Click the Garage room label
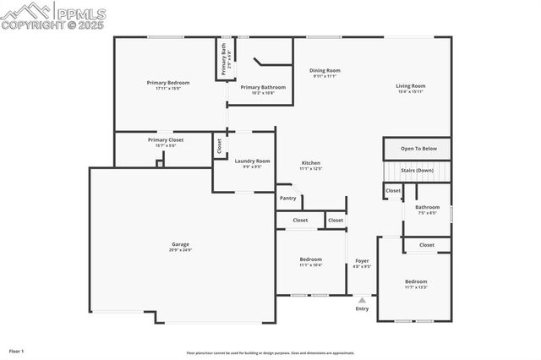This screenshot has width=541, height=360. pyautogui.click(x=180, y=243)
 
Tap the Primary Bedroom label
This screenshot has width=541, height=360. pyautogui.click(x=167, y=82)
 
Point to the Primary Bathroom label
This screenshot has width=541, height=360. pyautogui.click(x=262, y=87)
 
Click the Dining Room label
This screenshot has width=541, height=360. pyautogui.click(x=324, y=70)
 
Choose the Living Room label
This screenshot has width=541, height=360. pyautogui.click(x=411, y=85)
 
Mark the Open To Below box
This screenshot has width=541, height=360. pyautogui.click(x=418, y=149)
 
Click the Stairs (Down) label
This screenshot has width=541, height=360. pyautogui.click(x=417, y=170)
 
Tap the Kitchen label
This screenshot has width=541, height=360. pyautogui.click(x=311, y=162)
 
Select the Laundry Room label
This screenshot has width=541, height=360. pyautogui.click(x=252, y=161)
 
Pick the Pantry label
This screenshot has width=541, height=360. pyautogui.click(x=287, y=198)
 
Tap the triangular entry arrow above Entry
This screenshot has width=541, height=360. pyautogui.click(x=362, y=299)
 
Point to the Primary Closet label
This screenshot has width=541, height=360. pyautogui.click(x=165, y=139)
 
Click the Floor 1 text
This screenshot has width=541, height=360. pyautogui.click(x=16, y=350)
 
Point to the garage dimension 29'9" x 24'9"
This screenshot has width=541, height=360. pyautogui.click(x=180, y=250)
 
